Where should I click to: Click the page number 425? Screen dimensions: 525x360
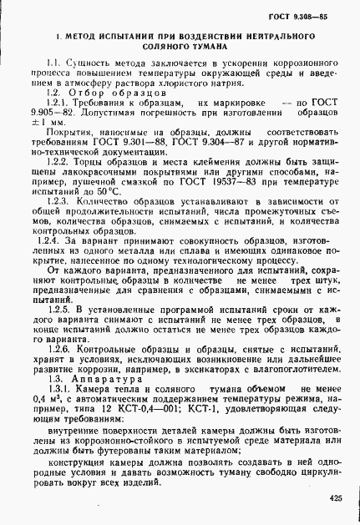pyautogui.click(x=336, y=498)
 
